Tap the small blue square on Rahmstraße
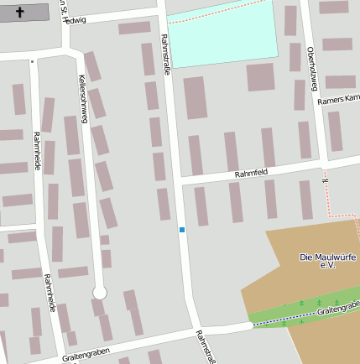coord(181,229)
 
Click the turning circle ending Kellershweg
coord(100,292)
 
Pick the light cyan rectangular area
coord(222,32)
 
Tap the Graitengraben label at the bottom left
coord(86,355)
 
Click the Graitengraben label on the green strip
coord(338,308)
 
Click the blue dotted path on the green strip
coord(281,319)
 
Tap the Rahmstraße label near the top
coord(165,56)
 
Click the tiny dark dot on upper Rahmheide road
coord(33,61)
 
